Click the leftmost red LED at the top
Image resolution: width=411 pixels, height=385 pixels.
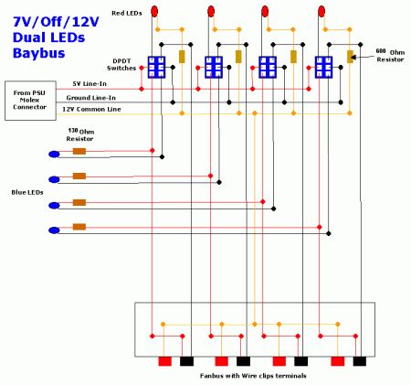click(154, 11)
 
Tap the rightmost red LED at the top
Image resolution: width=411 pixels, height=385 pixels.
click(321, 11)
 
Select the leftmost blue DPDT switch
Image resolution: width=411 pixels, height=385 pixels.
click(156, 67)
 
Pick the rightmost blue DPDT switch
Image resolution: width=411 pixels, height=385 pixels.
click(323, 67)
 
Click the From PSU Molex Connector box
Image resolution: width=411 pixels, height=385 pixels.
click(30, 101)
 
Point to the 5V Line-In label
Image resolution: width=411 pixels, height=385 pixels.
click(90, 83)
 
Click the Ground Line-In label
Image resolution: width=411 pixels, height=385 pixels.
click(91, 98)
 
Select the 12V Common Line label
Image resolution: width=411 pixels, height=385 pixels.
click(91, 109)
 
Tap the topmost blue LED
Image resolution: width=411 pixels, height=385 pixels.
click(54, 155)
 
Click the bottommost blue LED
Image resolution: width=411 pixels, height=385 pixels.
click(54, 230)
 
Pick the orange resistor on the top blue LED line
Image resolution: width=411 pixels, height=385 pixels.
click(79, 151)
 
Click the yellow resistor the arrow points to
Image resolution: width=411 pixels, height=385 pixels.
click(350, 57)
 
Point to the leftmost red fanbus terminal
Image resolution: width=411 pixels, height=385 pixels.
click(165, 361)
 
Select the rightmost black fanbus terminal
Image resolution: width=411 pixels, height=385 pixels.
click(360, 361)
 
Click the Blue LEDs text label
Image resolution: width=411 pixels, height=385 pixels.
click(27, 192)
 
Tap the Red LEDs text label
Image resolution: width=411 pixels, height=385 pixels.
click(127, 13)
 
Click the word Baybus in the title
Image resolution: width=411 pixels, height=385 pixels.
click(39, 53)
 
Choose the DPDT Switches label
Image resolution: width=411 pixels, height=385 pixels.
click(121, 65)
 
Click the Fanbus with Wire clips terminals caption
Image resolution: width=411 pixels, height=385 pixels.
click(253, 376)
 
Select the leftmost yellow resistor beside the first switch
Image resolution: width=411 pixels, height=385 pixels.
click(182, 57)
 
